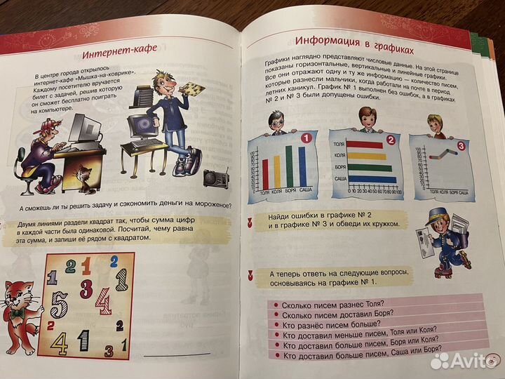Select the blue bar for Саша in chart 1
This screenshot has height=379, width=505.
pyautogui.click(x=302, y=165)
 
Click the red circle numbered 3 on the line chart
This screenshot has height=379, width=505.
pyautogui.click(x=460, y=145)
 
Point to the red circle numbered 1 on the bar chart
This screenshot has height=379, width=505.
pyautogui.click(x=305, y=138)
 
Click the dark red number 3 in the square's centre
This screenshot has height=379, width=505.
pyautogui.click(x=87, y=288)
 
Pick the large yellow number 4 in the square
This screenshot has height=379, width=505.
pyautogui.click(x=60, y=343)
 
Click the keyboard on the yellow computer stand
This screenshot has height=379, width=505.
pyautogui.click(x=147, y=143)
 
